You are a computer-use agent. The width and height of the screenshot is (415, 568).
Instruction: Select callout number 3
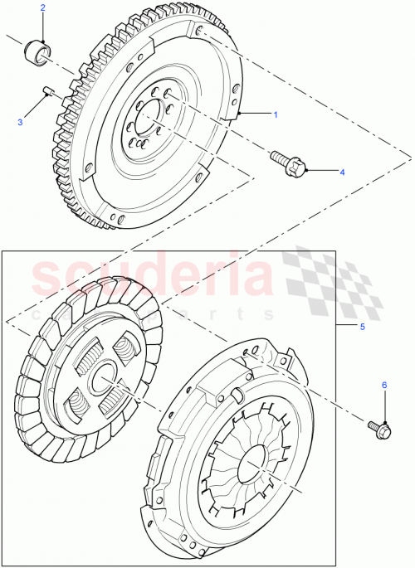21,123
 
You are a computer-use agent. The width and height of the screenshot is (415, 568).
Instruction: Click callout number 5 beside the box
362,327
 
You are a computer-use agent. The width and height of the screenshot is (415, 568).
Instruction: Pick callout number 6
383,385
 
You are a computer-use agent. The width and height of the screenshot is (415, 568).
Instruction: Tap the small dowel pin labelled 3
49,92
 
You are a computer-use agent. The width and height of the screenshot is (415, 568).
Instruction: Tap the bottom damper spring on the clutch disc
77,406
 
